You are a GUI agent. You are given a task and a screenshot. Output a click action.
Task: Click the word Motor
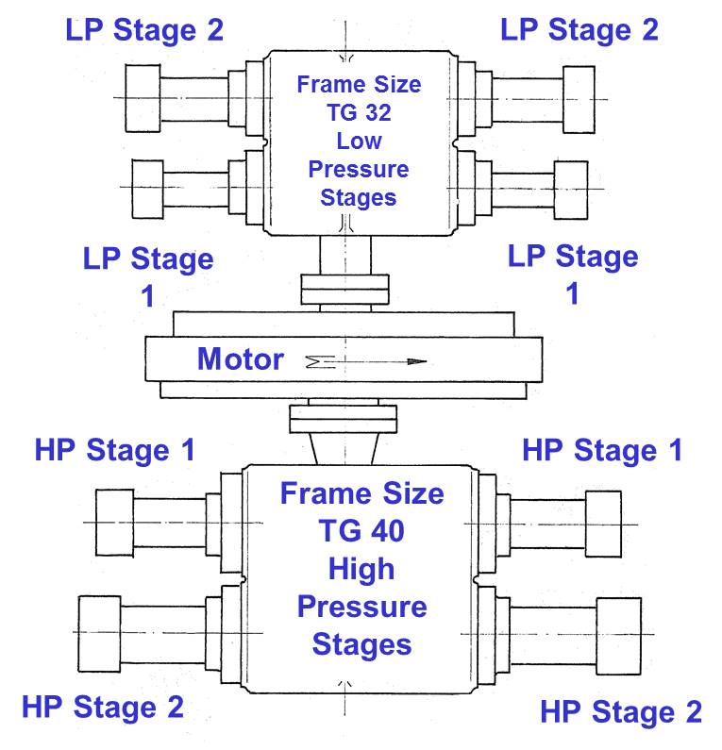(241, 359)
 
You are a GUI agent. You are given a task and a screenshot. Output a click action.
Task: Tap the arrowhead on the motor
(417, 361)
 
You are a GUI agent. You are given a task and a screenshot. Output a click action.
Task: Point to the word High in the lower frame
(361, 569)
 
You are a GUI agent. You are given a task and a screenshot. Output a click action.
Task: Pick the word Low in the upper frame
(359, 142)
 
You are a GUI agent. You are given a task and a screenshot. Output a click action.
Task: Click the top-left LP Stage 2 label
(144, 30)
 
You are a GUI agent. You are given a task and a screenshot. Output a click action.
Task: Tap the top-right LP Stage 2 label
(579, 29)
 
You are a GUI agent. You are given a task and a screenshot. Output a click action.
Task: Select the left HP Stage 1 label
(115, 450)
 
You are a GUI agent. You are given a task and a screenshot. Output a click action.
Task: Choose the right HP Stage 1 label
(602, 451)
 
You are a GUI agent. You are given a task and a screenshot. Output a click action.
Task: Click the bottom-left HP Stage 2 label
(103, 707)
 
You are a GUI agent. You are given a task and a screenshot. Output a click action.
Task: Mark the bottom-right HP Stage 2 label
(621, 711)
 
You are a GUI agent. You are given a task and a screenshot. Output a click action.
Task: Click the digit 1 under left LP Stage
(147, 296)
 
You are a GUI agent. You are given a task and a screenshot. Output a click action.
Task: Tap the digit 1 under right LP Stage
(572, 293)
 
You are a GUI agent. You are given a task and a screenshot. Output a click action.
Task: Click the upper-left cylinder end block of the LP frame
(143, 98)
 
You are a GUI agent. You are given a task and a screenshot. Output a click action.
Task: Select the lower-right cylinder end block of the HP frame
(618, 636)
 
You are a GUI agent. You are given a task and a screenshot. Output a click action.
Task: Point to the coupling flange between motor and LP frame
(344, 290)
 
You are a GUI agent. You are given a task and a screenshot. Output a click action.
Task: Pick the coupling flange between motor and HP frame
(343, 419)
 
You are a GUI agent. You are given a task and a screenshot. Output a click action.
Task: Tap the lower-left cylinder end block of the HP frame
(99, 634)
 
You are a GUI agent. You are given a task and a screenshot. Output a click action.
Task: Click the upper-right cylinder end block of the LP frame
(579, 99)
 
